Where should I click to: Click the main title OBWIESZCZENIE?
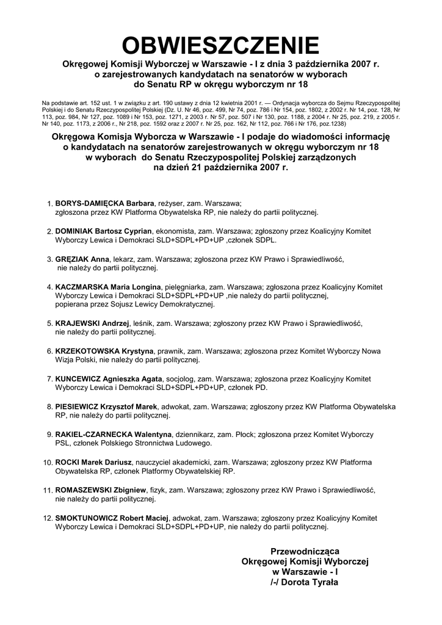pos(220,45)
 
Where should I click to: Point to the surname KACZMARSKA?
pos(79,287)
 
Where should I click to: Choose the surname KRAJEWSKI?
pos(76,323)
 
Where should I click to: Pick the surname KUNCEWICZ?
pos(78,378)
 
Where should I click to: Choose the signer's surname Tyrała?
pos(325,582)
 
